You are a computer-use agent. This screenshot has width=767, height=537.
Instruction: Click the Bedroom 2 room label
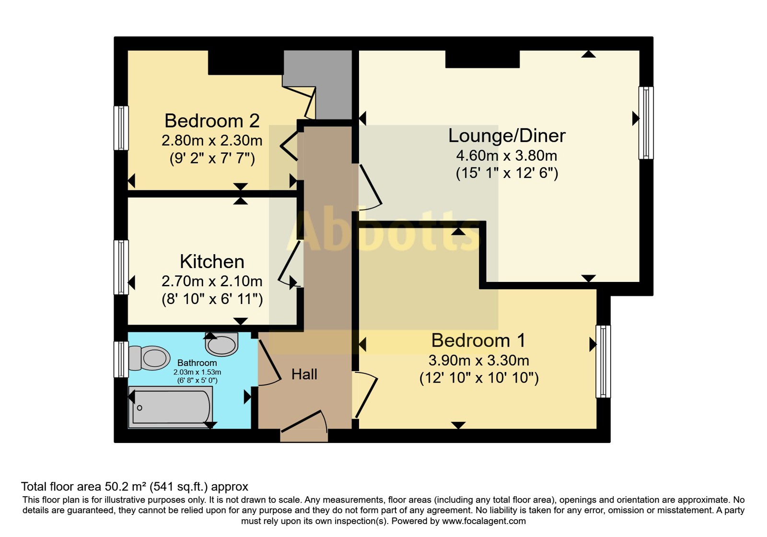(x=212, y=120)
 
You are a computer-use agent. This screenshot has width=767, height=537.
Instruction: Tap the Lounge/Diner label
(x=507, y=136)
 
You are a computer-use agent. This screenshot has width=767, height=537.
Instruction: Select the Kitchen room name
(x=212, y=262)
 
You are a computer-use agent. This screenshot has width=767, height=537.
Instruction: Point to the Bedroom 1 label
(x=478, y=340)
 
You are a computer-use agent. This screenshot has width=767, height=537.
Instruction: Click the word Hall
(x=304, y=374)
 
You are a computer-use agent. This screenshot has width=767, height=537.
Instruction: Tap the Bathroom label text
(x=197, y=362)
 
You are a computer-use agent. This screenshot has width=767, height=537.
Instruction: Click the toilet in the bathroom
(x=149, y=358)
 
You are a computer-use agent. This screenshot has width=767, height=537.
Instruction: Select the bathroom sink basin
(x=221, y=344)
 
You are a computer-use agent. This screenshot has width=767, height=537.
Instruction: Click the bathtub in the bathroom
(x=170, y=407)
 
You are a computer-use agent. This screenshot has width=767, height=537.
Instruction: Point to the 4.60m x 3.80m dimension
(x=507, y=156)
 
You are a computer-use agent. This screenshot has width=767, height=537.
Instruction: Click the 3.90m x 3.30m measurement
(x=479, y=360)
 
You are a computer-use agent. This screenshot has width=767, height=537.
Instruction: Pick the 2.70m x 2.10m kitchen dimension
(x=212, y=281)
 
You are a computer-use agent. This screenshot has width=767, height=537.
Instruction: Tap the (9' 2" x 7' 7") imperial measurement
(x=212, y=159)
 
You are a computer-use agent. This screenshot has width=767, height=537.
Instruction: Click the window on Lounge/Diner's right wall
(x=646, y=123)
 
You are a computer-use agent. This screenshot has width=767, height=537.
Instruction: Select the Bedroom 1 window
(x=603, y=362)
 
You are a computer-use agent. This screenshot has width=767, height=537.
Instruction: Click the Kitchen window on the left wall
(x=121, y=267)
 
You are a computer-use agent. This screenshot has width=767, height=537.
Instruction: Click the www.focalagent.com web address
(x=484, y=521)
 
